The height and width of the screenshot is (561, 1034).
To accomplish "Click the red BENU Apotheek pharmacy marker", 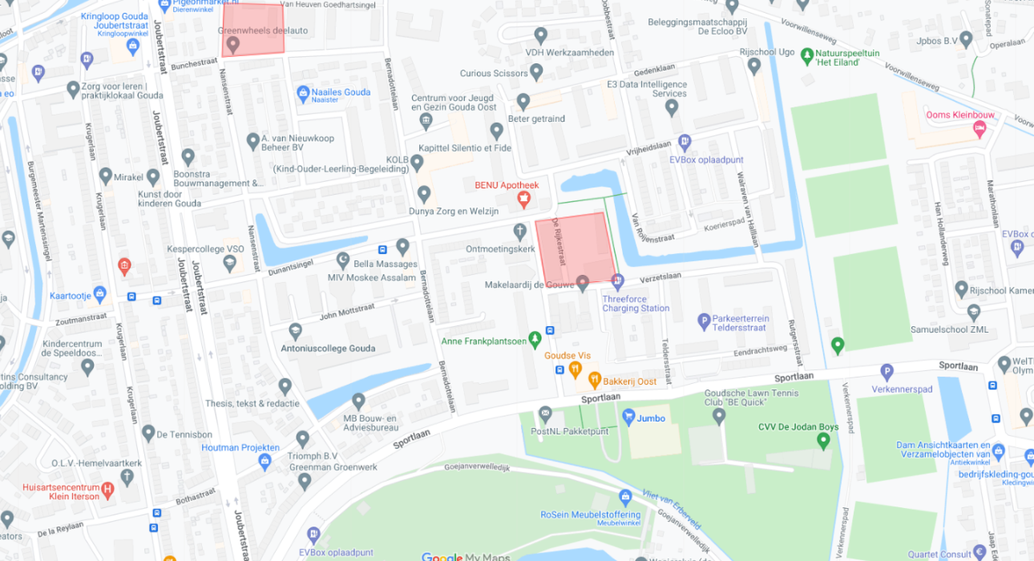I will pyautogui.click(x=523, y=198).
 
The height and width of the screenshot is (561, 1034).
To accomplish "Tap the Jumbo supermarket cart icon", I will pyautogui.click(x=629, y=417).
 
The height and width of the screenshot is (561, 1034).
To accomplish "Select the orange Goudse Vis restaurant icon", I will pyautogui.click(x=575, y=369).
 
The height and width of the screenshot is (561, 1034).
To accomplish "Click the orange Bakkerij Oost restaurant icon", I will pyautogui.click(x=595, y=380).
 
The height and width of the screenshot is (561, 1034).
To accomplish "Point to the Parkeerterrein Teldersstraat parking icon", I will pyautogui.click(x=705, y=321).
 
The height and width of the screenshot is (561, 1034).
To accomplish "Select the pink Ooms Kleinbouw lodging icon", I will pyautogui.click(x=979, y=129).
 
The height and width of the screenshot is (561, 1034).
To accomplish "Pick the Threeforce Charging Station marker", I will pyautogui.click(x=617, y=281).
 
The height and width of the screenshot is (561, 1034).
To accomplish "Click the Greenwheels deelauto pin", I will pyautogui.click(x=232, y=45).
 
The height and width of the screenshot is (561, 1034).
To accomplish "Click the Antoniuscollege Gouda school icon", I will pyautogui.click(x=295, y=331).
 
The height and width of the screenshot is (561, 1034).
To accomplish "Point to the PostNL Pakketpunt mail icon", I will pyautogui.click(x=546, y=414).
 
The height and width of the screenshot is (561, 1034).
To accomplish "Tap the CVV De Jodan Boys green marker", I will pyautogui.click(x=823, y=441).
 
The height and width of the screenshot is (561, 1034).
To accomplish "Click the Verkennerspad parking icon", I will pyautogui.click(x=887, y=372).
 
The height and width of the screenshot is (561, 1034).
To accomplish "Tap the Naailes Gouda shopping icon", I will pyautogui.click(x=303, y=94).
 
